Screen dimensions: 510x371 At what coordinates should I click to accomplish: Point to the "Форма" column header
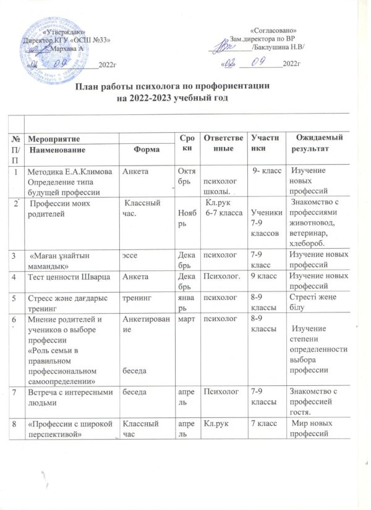point(146,150)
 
